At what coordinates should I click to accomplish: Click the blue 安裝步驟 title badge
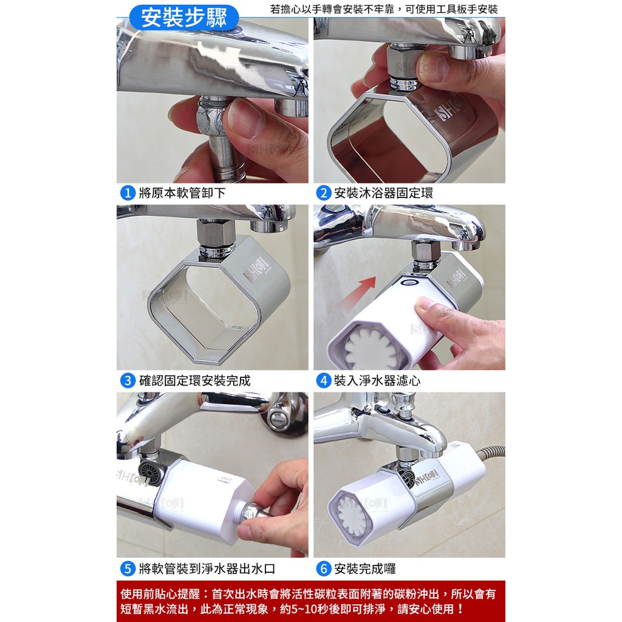(183, 18)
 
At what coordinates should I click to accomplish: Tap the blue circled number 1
(128, 193)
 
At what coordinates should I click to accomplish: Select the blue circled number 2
(323, 193)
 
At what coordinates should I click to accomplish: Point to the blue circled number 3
(128, 381)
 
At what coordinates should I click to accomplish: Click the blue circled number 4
(323, 381)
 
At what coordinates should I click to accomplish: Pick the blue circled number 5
(128, 569)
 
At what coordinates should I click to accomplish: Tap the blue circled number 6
(323, 569)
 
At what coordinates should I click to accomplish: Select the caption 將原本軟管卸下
(182, 193)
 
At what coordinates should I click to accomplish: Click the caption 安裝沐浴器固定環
(384, 193)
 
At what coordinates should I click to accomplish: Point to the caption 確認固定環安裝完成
(195, 381)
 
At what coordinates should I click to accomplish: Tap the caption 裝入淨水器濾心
(377, 381)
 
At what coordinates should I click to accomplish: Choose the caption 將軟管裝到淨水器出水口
(207, 569)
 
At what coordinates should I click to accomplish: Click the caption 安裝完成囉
(365, 569)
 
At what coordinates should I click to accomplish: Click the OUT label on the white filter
(226, 479)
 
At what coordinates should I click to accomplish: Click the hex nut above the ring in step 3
(216, 233)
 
